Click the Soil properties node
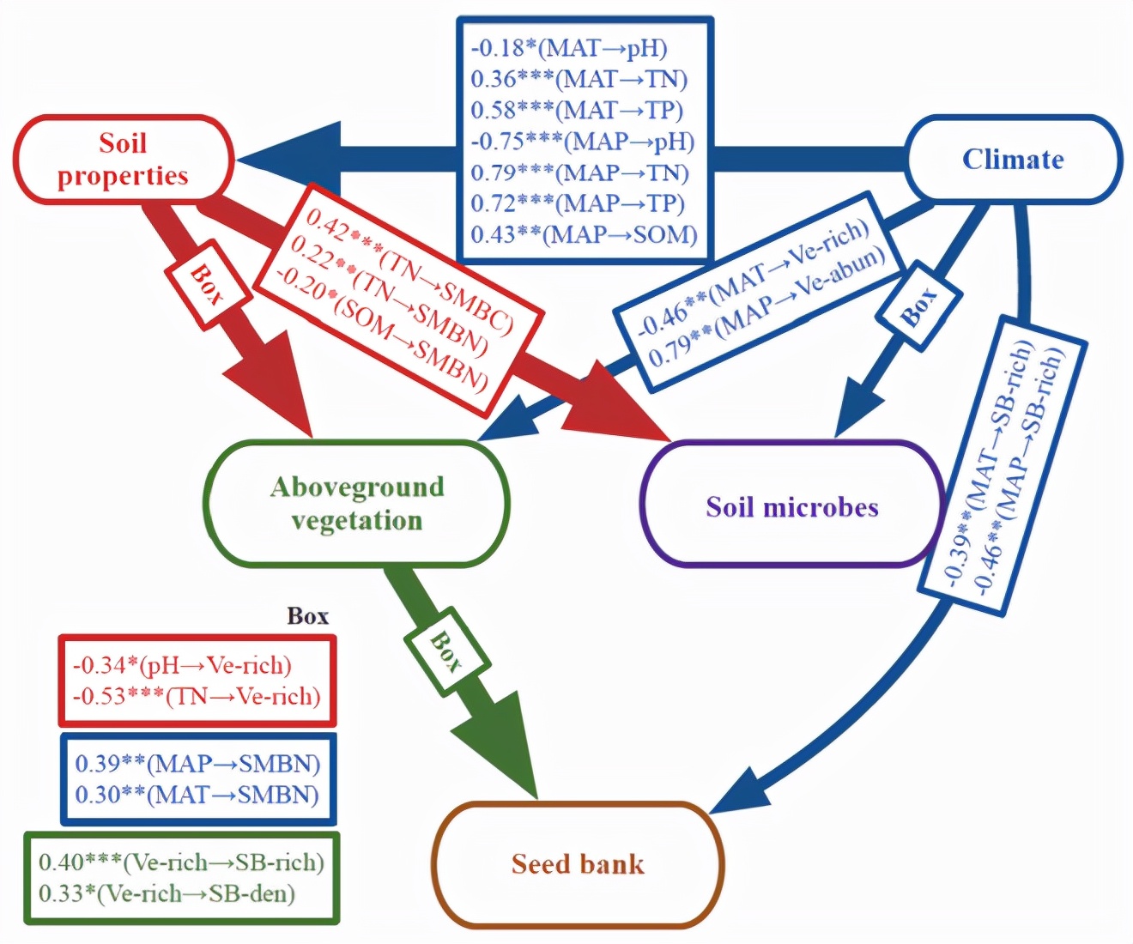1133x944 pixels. tap(123, 160)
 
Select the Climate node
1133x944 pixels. tap(1013, 160)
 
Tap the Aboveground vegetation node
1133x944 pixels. tap(357, 504)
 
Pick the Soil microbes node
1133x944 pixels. tap(791, 506)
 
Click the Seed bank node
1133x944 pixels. tap(578, 863)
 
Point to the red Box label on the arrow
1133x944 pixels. tap(207, 285)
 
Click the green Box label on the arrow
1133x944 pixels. tap(445, 651)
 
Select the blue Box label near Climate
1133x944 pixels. tap(918, 306)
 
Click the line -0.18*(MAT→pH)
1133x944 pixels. tap(569, 48)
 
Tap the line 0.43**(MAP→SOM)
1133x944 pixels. tap(584, 234)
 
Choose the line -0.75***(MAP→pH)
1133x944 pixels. tap(583, 141)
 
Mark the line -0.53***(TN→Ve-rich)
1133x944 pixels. tap(197, 696)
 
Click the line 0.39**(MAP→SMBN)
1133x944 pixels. tap(197, 763)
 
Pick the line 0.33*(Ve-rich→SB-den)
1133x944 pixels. tap(167, 893)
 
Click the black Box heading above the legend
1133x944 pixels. tap(307, 616)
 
